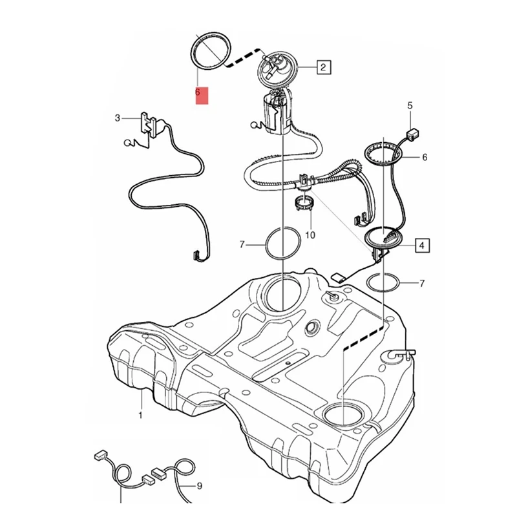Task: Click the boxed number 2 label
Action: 323,67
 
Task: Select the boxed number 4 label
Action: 421,246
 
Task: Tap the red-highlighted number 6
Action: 201,94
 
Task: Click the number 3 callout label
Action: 117,118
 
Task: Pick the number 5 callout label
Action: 409,105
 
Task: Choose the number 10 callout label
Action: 310,235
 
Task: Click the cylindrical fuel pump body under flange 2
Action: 277,114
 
